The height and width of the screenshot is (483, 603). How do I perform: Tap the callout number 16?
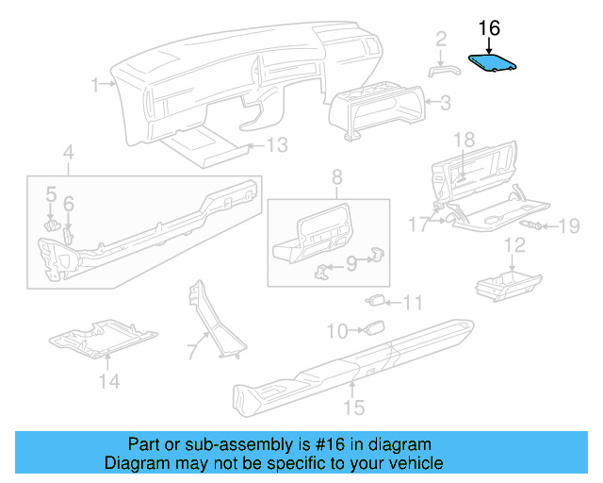(x=489, y=29)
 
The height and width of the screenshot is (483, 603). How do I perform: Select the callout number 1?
(x=95, y=85)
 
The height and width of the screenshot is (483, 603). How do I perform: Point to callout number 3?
(x=446, y=101)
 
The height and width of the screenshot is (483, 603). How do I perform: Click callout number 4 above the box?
(x=68, y=152)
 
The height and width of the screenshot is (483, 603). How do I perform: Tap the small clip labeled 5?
(x=53, y=224)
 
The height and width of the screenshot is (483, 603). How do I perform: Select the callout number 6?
(x=69, y=203)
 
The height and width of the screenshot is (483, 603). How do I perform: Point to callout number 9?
(x=350, y=265)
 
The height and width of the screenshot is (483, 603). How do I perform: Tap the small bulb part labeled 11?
(x=376, y=301)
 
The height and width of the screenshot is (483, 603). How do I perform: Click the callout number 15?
(x=353, y=408)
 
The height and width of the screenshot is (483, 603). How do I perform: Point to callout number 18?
(x=464, y=140)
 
